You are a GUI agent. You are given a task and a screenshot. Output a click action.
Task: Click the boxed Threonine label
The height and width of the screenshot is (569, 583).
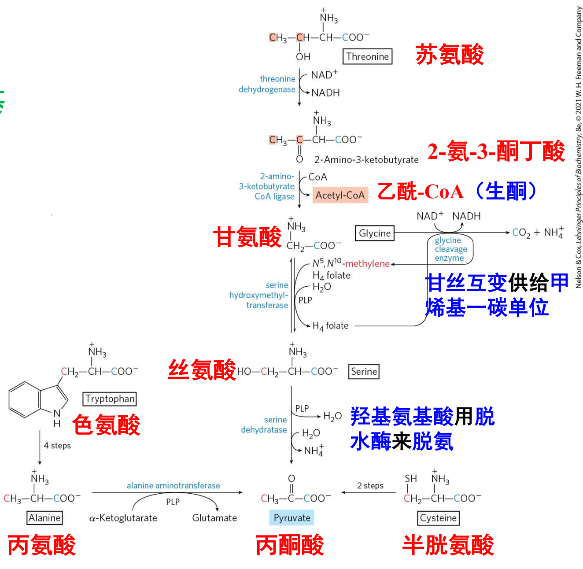coord(367,56)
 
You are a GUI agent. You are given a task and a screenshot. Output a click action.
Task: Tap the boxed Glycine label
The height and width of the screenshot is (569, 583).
coord(374,233)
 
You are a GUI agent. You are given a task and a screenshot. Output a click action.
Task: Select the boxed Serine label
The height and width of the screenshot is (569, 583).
coord(364,371)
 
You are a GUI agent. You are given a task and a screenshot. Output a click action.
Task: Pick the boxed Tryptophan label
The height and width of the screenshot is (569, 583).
coord(110,399)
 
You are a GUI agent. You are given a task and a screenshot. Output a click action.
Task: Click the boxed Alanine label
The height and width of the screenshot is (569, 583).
coord(44,517)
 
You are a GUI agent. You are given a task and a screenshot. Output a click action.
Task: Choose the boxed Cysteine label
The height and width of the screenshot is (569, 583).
coord(438,517)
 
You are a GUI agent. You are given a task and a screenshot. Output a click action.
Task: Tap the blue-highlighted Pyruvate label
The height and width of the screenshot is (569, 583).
coord(291,517)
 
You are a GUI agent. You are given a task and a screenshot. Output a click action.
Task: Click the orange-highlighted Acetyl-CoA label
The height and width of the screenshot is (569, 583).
coord(340,195)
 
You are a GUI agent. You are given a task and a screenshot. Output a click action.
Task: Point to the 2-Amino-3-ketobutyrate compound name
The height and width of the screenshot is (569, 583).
coord(366,159)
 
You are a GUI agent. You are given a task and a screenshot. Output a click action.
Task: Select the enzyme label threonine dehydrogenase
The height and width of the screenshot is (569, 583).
coord(268,84)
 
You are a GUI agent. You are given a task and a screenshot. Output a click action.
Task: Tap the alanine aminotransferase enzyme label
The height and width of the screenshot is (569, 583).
coord(173,485)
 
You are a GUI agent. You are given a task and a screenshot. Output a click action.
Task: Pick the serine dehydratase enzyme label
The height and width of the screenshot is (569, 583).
coord(264,425)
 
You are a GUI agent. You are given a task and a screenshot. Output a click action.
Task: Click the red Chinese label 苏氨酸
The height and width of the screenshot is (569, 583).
coord(450,55)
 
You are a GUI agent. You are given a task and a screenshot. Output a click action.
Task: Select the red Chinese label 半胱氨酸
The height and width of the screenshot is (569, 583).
coord(448,545)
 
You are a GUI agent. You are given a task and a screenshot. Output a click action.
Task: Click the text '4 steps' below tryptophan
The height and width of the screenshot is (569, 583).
coord(57,445)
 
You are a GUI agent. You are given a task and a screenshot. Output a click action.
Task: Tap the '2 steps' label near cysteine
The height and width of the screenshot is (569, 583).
coord(370,485)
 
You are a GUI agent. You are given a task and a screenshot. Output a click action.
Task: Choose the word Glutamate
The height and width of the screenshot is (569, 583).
coord(214,518)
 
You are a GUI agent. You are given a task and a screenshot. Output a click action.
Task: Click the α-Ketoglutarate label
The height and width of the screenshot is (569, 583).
coord(123,518)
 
